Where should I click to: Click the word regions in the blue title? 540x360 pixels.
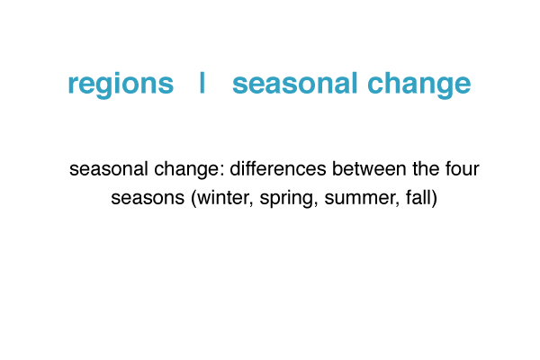click(121, 85)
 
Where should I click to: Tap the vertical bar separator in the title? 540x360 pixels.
click(202, 83)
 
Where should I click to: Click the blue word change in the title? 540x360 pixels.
click(418, 85)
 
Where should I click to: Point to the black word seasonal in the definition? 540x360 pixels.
click(109, 169)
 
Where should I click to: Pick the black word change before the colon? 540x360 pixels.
click(186, 170)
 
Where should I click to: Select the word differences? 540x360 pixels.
click(278, 169)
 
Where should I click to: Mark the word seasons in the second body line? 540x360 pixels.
click(148, 199)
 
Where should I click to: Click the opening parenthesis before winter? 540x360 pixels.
click(193, 198)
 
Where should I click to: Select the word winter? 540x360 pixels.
click(224, 198)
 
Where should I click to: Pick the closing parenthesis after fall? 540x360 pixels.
click(435, 198)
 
